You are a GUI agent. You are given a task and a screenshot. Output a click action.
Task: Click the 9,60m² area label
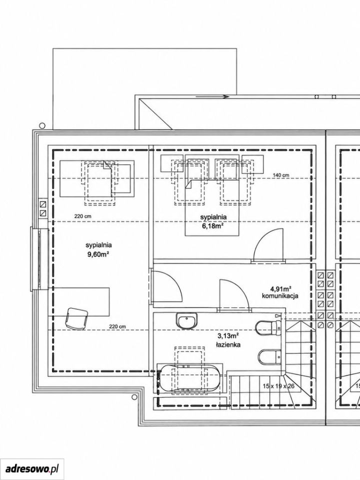click(x=98, y=254)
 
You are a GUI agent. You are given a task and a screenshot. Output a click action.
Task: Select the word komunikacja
click(x=280, y=296)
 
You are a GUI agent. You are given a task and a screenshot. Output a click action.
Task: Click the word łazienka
click(x=228, y=344)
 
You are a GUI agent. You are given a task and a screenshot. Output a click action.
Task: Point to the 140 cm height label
click(x=281, y=175)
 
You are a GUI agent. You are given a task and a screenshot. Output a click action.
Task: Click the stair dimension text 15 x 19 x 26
click(x=278, y=386)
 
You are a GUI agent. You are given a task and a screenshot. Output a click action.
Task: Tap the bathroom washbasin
click(x=186, y=321)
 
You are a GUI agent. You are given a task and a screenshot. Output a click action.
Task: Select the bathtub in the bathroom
click(x=188, y=378)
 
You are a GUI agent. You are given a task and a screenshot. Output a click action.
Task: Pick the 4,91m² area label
click(x=280, y=288)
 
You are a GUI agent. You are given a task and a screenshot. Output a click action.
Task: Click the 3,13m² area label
click(x=228, y=337)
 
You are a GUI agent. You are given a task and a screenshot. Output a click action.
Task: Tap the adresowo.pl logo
click(x=32, y=468)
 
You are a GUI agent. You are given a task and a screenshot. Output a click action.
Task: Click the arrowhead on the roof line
click(x=226, y=96)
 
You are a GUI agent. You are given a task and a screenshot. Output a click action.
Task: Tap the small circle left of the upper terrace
click(x=42, y=125)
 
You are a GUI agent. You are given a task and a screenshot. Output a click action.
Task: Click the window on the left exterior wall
click(x=39, y=258)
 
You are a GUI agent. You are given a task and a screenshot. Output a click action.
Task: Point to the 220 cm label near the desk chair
click(x=117, y=326)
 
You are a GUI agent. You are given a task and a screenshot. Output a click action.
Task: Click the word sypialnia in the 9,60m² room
click(x=98, y=245)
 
